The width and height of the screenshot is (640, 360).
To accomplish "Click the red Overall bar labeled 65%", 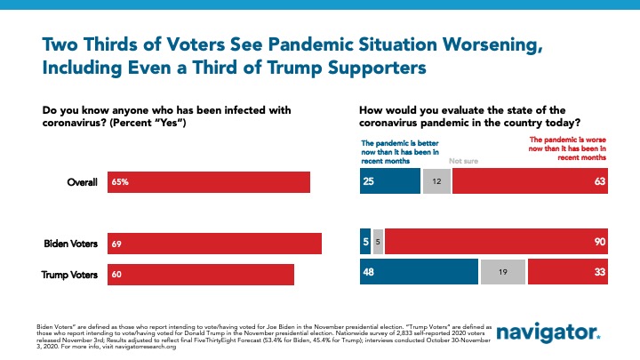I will pos(209,181).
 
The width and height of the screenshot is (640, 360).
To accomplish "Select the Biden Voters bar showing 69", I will pos(214,243).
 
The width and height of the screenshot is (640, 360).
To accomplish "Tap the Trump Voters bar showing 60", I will pos(201,275).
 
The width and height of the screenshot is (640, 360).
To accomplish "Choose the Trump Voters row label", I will pos(68,275).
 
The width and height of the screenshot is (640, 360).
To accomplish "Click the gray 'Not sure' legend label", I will pos(464,161).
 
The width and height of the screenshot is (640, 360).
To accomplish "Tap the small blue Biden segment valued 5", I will pos(364,243).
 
